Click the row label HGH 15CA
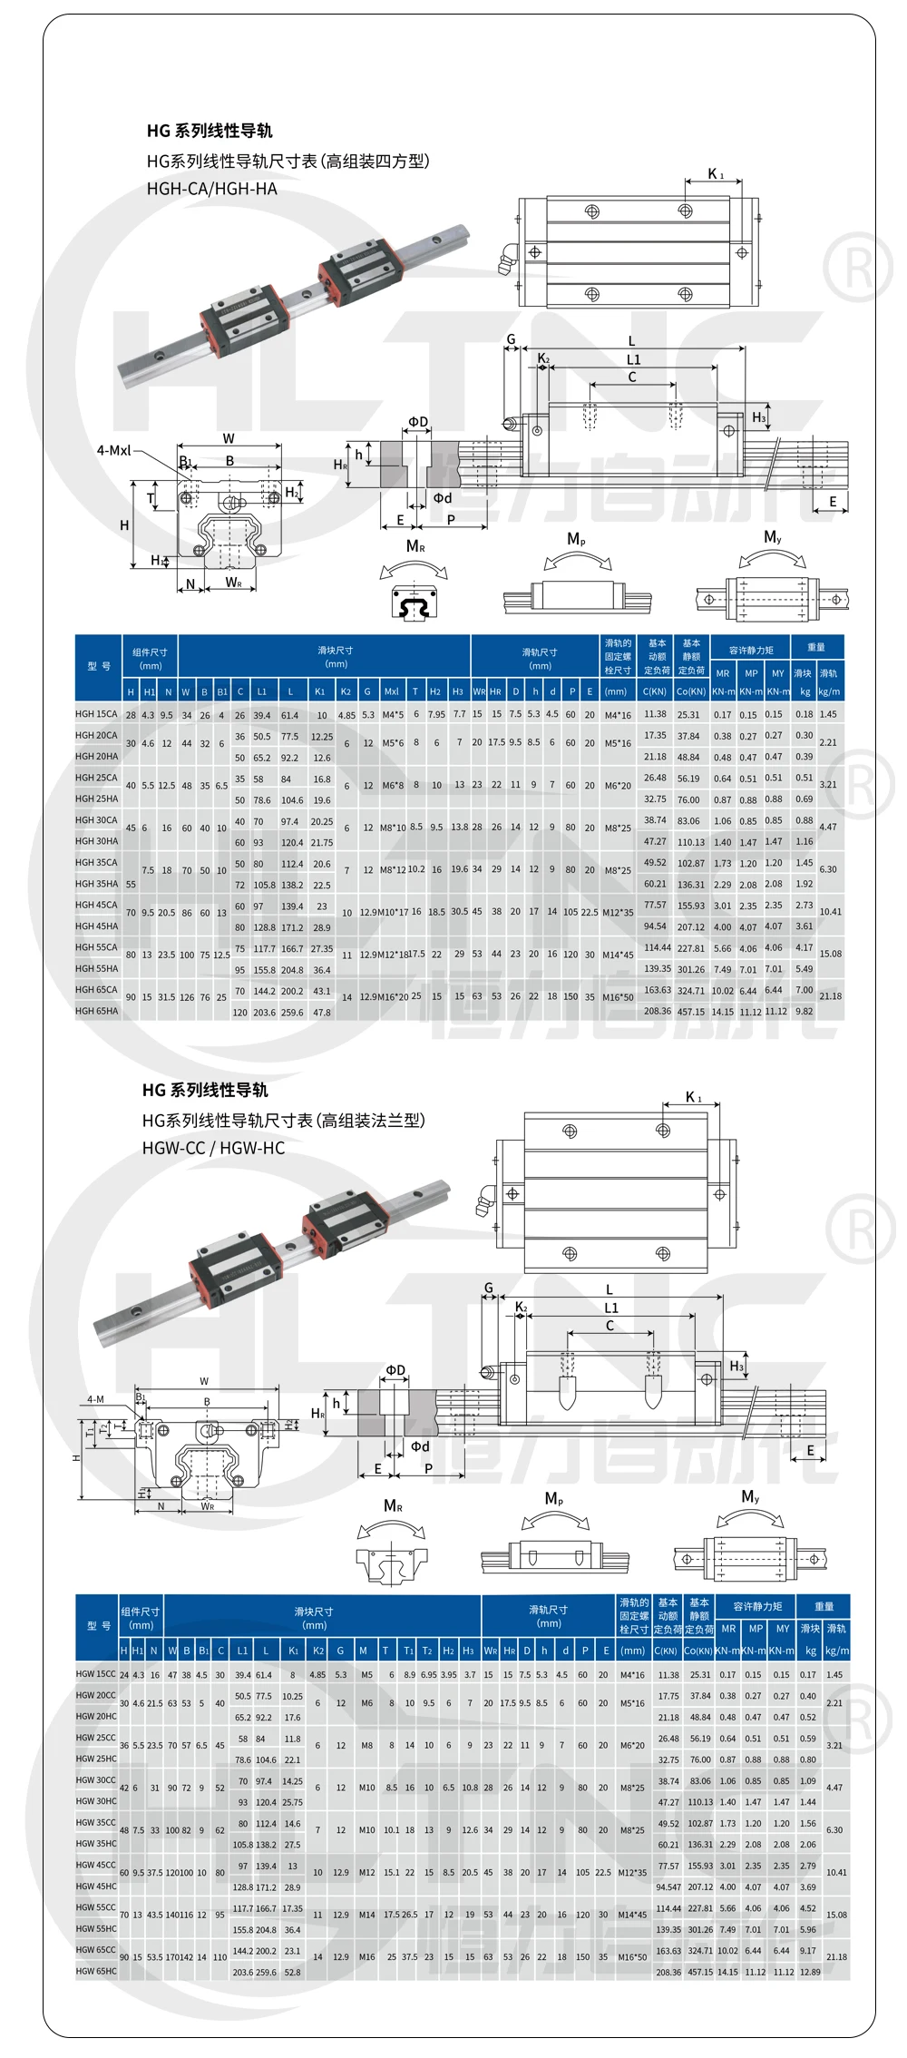(x=96, y=714)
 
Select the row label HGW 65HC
(x=96, y=1971)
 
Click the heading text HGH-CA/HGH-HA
(x=211, y=189)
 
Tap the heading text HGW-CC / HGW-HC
(x=213, y=1148)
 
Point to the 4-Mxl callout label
(x=114, y=450)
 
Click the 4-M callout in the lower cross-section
(x=95, y=1399)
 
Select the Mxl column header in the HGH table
(x=392, y=691)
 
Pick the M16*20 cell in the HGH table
(x=392, y=996)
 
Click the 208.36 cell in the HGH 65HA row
(x=657, y=1011)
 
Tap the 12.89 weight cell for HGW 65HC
(x=810, y=1972)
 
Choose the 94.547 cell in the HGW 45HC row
(x=668, y=1886)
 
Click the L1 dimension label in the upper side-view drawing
(x=633, y=360)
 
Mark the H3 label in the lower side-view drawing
(x=736, y=1366)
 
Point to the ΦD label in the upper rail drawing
(x=417, y=422)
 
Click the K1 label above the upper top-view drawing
(x=716, y=173)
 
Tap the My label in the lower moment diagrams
(x=750, y=1496)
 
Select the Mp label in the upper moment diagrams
(x=576, y=539)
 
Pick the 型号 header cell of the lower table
(x=98, y=1625)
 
